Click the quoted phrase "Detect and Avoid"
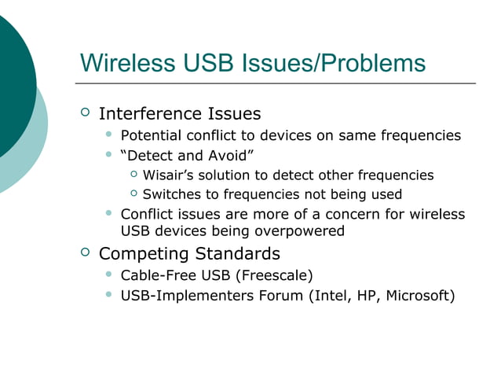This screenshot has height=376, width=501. [186, 155]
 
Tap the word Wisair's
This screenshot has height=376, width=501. [170, 175]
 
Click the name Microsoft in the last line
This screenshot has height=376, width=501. [420, 296]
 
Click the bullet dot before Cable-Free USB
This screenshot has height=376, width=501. [109, 275]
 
